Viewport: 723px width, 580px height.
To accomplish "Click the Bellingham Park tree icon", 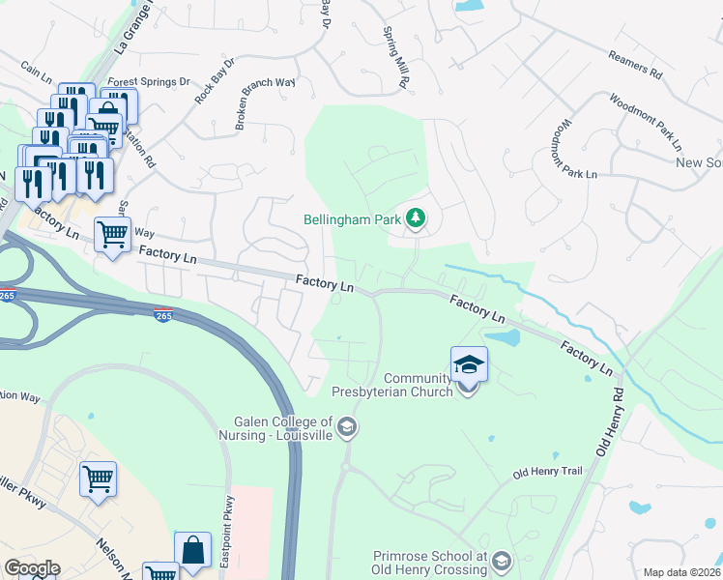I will pos(416,219).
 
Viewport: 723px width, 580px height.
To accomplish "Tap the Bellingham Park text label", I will pos(352,220).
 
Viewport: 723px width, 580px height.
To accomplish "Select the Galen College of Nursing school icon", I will pos(346,428).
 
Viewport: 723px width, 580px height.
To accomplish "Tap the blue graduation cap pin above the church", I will pos(469,364).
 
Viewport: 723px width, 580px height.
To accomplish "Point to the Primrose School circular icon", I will pos(501,561).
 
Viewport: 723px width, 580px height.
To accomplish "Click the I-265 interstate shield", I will pos(163,315).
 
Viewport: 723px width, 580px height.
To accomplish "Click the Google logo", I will pos(32,568).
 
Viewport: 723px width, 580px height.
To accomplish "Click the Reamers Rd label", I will pos(634,65).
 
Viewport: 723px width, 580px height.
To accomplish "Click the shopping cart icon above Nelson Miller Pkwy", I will pos(100,478).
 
